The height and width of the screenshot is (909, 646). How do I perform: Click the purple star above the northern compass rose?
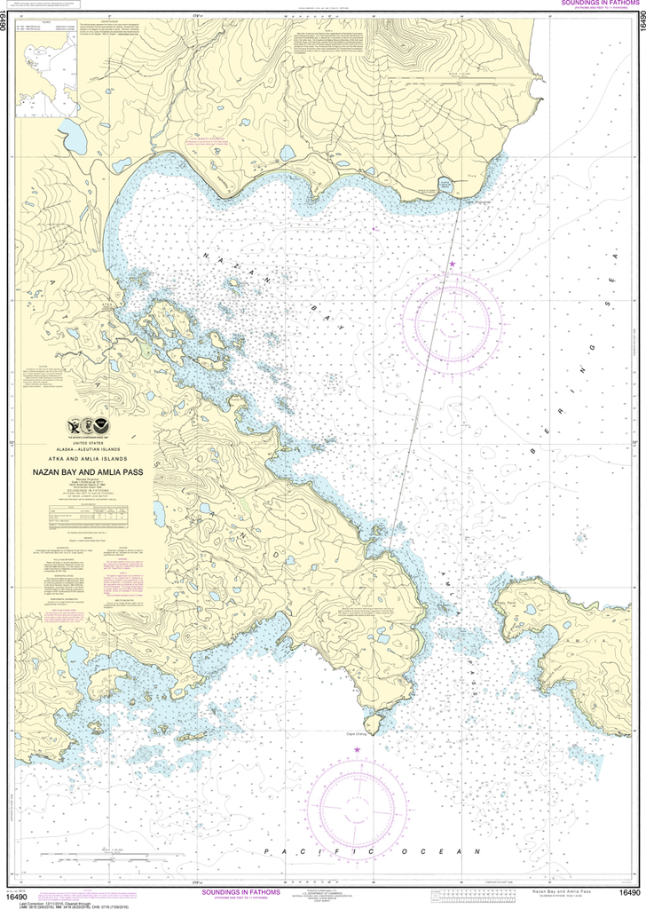452,264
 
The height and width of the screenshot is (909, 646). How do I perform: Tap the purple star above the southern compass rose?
358,750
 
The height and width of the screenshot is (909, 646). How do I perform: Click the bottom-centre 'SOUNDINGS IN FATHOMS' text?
241,891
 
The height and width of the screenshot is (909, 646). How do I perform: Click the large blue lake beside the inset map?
73,138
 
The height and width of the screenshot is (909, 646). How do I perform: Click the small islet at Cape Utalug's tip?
372,724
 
